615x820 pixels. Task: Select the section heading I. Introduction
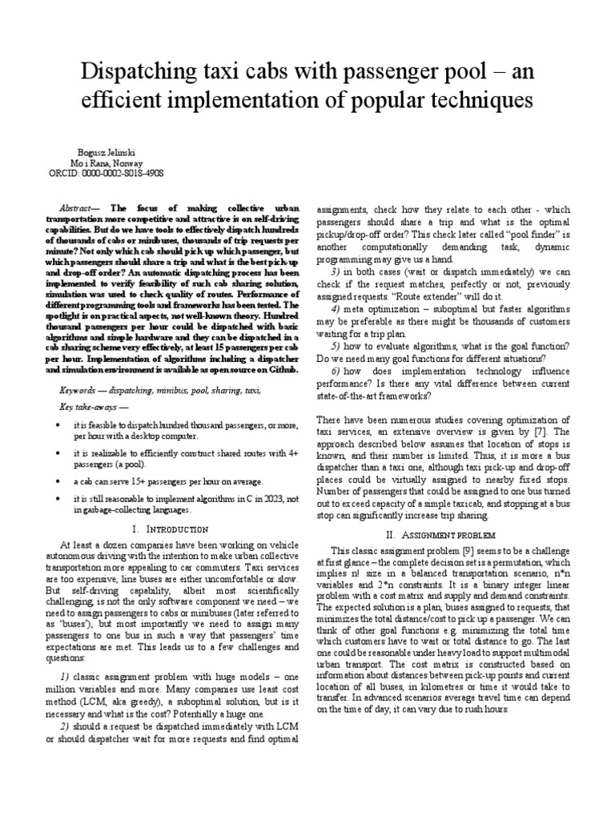[170, 529]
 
